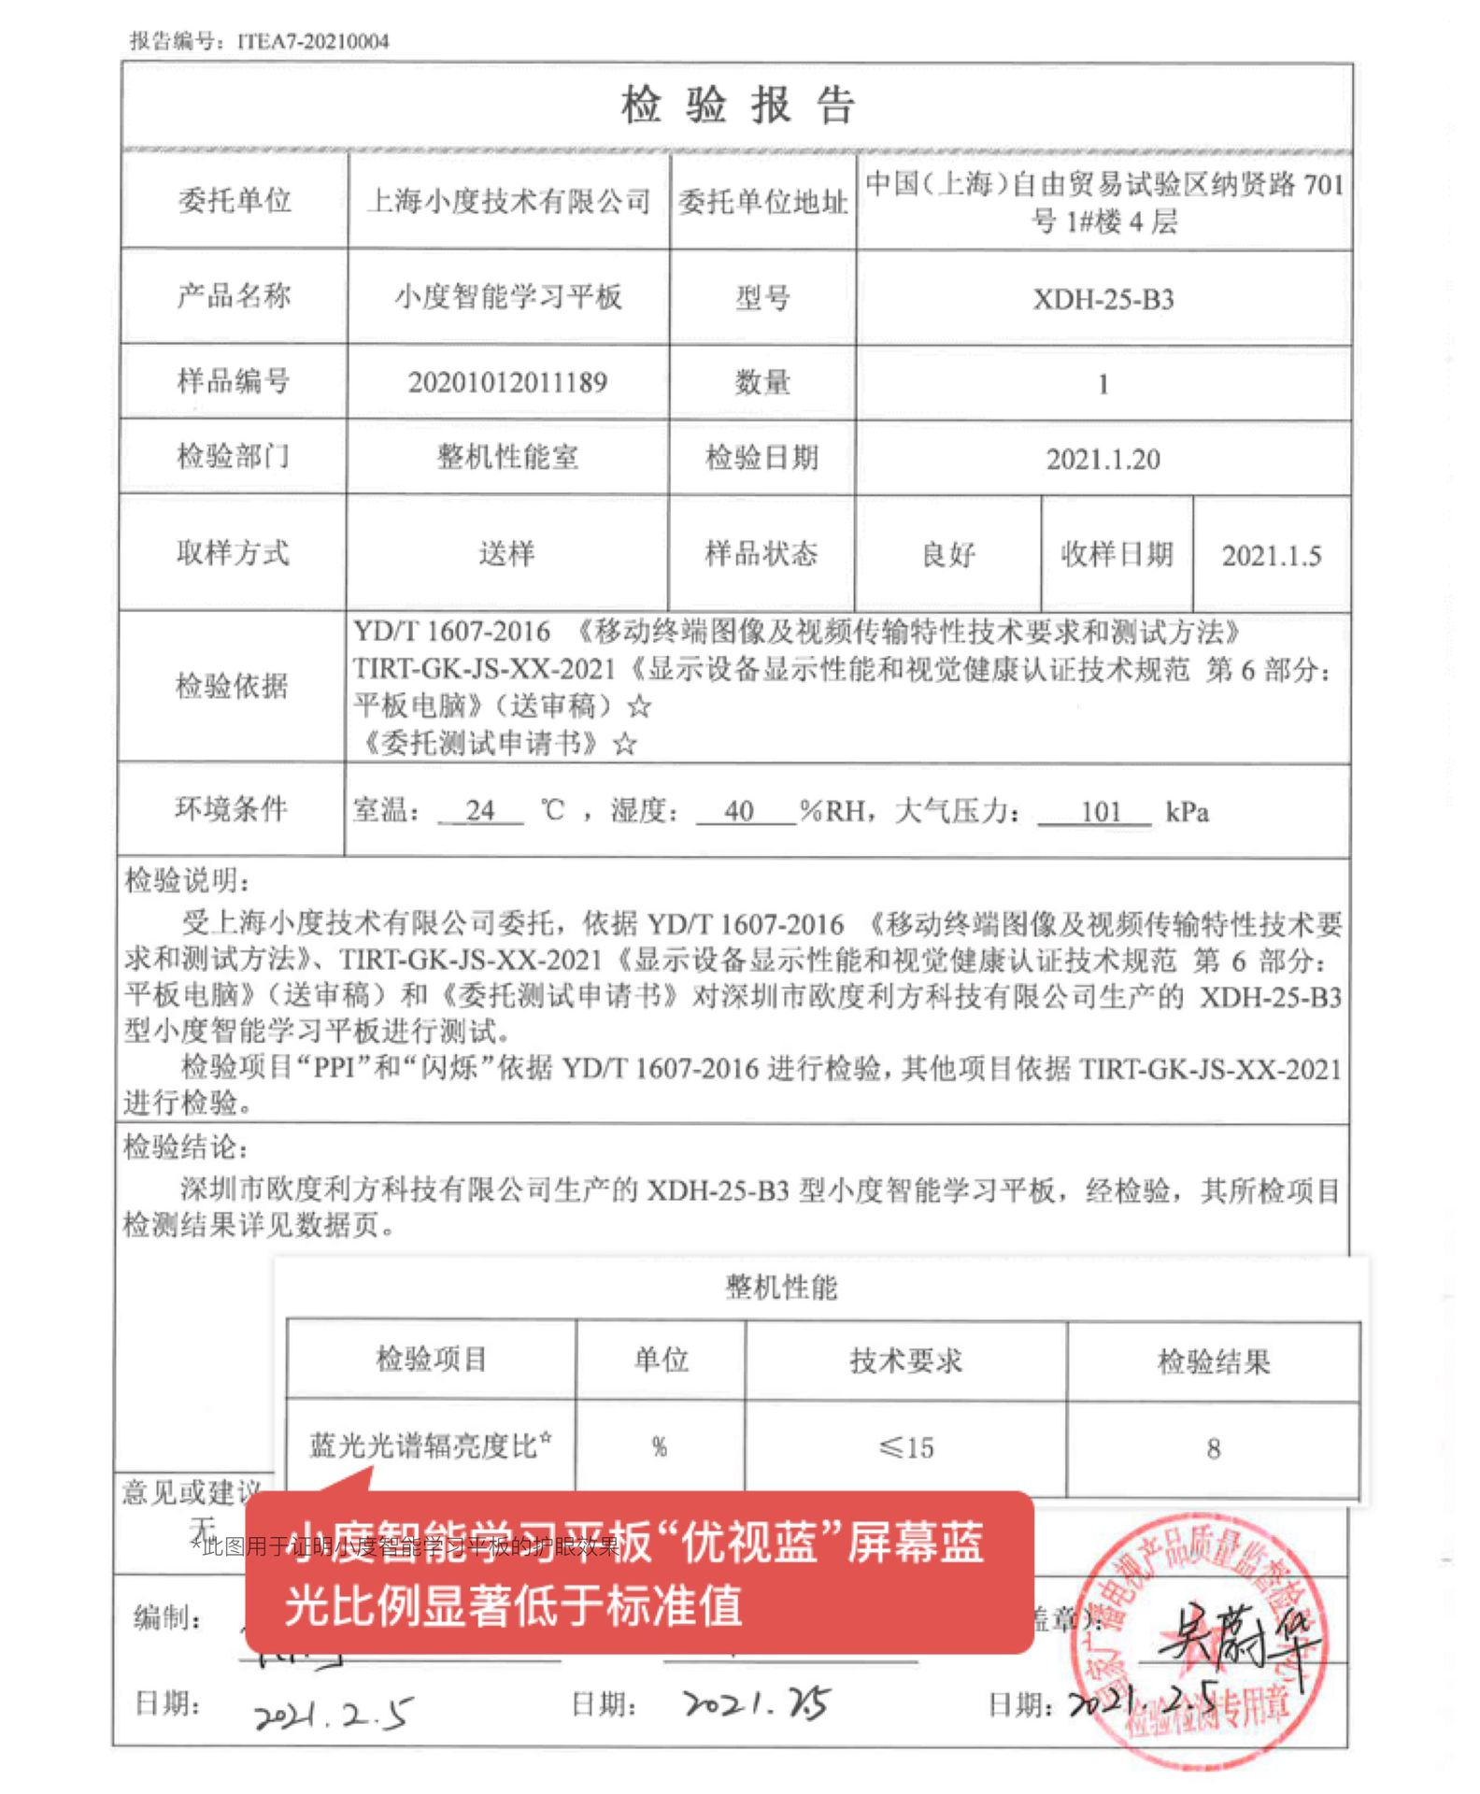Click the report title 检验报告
(737, 105)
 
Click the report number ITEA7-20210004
(313, 41)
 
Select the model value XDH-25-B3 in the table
(1103, 299)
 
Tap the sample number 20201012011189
(507, 382)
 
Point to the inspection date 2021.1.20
(1103, 459)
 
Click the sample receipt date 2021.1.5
(1271, 556)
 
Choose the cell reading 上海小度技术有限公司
(508, 201)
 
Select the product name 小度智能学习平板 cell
(507, 297)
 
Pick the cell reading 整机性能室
(507, 457)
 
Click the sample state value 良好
(947, 555)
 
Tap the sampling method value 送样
(506, 553)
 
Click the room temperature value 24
(480, 810)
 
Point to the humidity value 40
(739, 810)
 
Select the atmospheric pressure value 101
(1100, 811)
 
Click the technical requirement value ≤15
(905, 1447)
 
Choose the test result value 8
(1213, 1448)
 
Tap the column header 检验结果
(1213, 1361)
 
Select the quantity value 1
(1103, 384)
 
